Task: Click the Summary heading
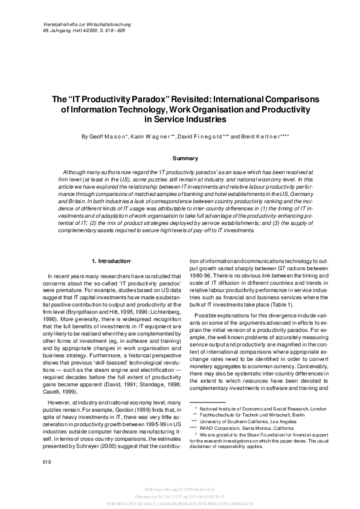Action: pyautogui.click(x=185, y=158)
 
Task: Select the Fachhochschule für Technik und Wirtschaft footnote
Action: pyautogui.click(x=264, y=415)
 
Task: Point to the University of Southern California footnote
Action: pyautogui.click(x=263, y=422)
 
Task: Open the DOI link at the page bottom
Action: pyautogui.click(x=180, y=488)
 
